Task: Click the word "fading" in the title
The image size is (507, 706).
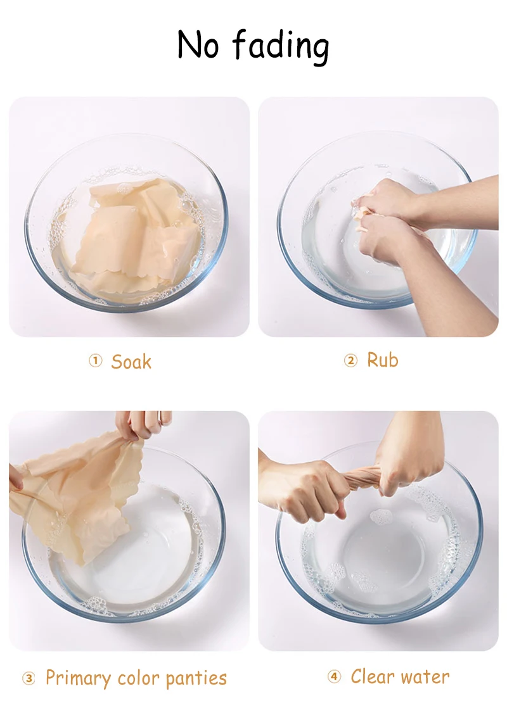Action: click(x=281, y=46)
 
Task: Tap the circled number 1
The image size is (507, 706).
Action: click(x=95, y=361)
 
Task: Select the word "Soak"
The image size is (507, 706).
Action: click(x=131, y=362)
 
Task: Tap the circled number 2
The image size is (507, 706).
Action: click(x=350, y=361)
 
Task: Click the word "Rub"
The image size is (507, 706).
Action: click(x=383, y=360)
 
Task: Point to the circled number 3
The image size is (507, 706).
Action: click(x=29, y=679)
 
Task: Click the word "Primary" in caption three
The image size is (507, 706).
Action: click(x=78, y=679)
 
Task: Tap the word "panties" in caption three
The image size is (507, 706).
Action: click(x=196, y=679)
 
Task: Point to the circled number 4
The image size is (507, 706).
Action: click(x=334, y=677)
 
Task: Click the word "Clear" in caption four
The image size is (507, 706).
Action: click(x=371, y=676)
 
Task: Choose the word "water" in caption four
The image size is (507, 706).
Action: click(x=423, y=677)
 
